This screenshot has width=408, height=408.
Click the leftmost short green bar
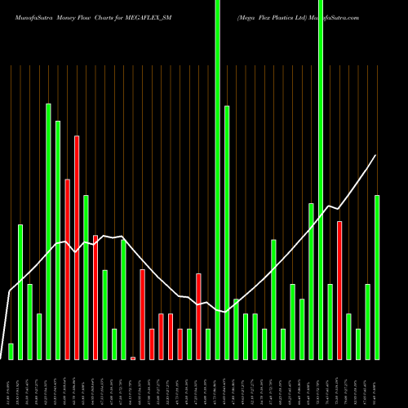click(11, 351)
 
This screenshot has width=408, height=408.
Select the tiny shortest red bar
click(133, 357)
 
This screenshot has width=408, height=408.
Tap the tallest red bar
click(77, 247)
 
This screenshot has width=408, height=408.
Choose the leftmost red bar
click(68, 268)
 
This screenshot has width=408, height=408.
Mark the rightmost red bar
click(339, 290)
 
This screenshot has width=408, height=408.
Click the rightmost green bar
click(377, 277)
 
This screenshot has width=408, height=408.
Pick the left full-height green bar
click(218, 180)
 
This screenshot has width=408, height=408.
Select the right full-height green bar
click(321, 180)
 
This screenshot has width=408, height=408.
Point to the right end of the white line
click(375, 155)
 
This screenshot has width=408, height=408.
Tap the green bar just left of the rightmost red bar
click(330, 322)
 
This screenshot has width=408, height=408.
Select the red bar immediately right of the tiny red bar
click(143, 314)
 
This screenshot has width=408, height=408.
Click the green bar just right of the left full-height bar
click(227, 233)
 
